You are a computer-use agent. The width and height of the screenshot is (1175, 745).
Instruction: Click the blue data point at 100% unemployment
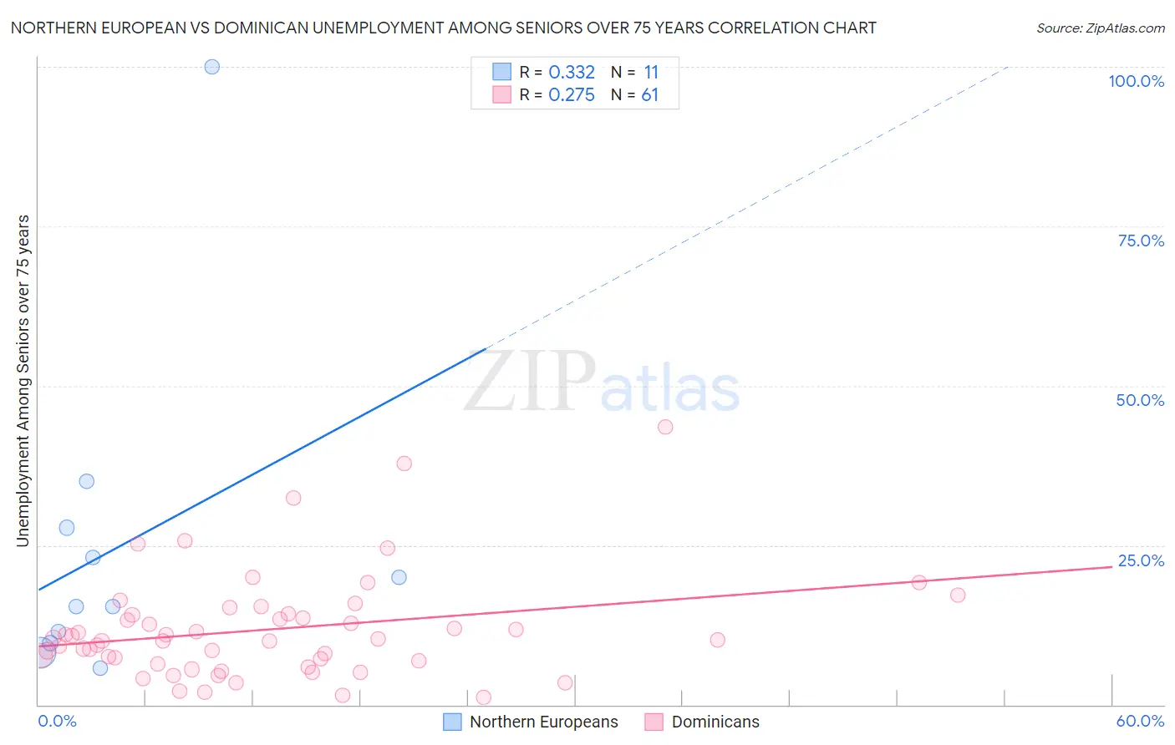click(212, 67)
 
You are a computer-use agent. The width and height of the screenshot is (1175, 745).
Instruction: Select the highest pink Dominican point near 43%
click(665, 427)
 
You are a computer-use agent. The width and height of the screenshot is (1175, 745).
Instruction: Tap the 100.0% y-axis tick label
click(1136, 81)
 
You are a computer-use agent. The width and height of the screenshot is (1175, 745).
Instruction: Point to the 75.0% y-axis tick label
click(1141, 241)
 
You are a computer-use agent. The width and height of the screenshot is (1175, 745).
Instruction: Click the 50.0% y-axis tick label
click(1140, 400)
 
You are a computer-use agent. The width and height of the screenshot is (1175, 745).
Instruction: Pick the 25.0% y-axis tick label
click(1141, 560)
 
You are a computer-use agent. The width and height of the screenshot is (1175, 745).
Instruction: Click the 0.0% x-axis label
click(57, 721)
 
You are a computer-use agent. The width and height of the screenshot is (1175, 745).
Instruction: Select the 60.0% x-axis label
click(1140, 721)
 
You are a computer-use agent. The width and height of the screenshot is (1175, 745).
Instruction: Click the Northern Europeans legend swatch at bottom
click(452, 722)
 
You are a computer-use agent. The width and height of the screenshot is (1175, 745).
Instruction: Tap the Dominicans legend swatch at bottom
click(654, 722)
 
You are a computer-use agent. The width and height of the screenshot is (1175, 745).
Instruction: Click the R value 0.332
click(572, 73)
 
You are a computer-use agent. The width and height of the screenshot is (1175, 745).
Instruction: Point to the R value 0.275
click(572, 95)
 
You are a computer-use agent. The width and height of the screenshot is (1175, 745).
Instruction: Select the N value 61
click(650, 95)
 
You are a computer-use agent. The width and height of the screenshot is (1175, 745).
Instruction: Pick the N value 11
click(651, 73)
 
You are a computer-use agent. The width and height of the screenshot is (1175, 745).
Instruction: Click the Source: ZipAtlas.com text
click(1100, 28)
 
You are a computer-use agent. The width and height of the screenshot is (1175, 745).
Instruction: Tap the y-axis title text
click(23, 381)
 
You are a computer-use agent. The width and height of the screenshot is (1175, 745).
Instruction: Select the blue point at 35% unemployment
click(87, 481)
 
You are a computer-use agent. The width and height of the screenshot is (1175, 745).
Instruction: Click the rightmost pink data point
click(958, 595)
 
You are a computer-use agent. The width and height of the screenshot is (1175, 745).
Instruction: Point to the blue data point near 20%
click(399, 577)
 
